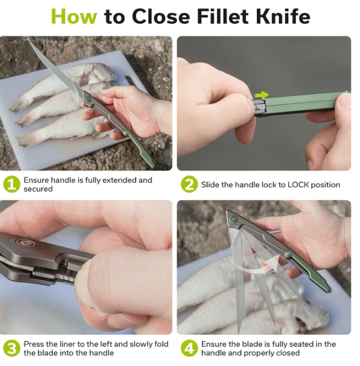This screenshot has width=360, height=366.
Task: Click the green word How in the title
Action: tap(74, 17)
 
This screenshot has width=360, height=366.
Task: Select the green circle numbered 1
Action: tap(12, 184)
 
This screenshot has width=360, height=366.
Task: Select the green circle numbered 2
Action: tap(189, 184)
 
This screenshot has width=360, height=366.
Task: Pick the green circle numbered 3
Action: tap(12, 348)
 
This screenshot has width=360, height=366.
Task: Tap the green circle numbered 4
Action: tap(189, 348)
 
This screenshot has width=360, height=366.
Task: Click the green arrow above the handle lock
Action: tap(261, 95)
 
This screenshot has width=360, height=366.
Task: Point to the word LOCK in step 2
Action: tap(298, 184)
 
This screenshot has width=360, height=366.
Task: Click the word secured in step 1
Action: tap(38, 189)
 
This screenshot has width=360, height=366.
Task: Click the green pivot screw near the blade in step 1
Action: tap(88, 99)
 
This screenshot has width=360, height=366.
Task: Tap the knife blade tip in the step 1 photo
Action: tap(30, 41)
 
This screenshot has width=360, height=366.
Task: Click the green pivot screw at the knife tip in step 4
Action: tap(234, 219)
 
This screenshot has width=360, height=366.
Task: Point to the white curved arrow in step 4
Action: tap(257, 268)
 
